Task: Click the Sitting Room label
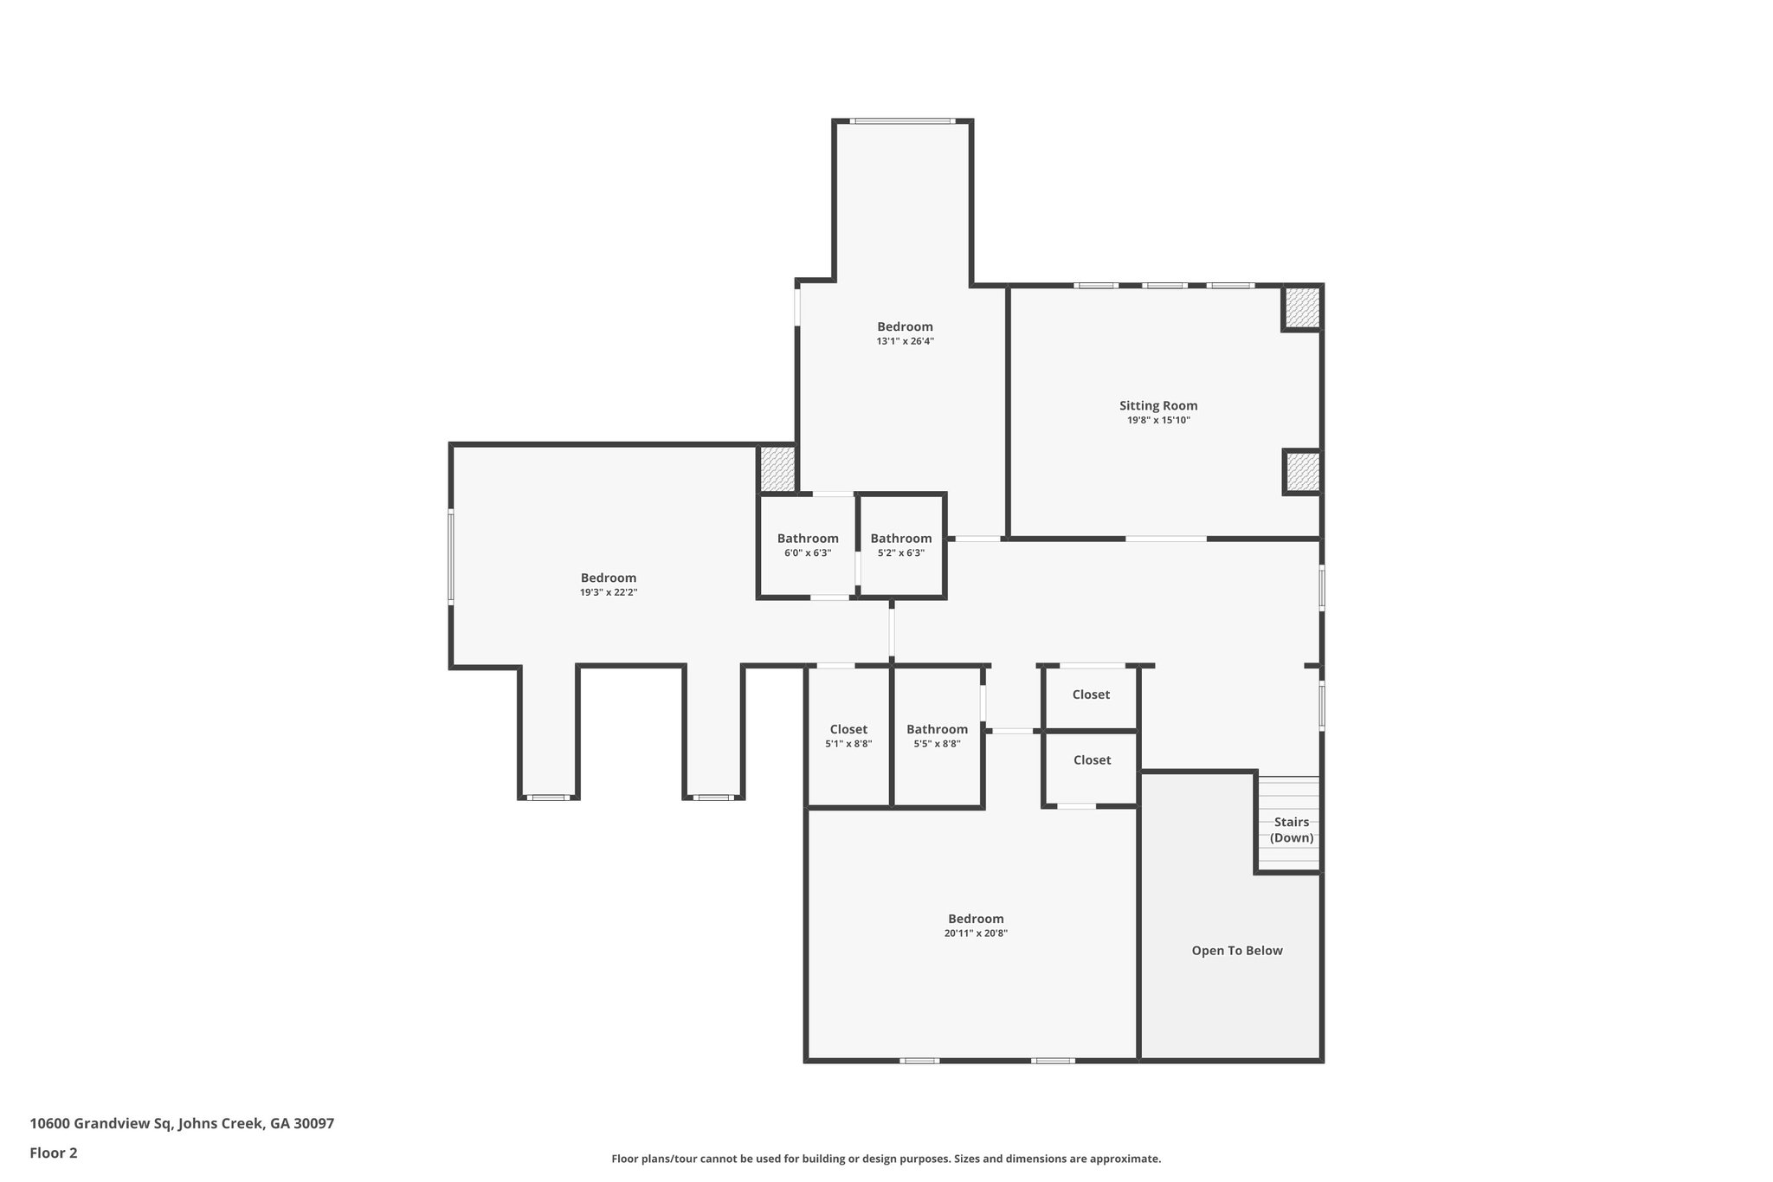[1158, 405]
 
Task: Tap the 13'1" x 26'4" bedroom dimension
[905, 341]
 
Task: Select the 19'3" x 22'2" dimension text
[609, 592]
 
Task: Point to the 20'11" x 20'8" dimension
[976, 933]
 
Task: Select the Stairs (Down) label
[1291, 830]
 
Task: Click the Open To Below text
[1237, 951]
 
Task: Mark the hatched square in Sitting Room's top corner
[1301, 308]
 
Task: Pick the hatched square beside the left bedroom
[777, 469]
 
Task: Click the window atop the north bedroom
[902, 121]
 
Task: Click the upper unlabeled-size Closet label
[1091, 694]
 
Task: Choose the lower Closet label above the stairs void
[1092, 760]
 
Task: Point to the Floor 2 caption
[54, 1153]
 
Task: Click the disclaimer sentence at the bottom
[886, 1159]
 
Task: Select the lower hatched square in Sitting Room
[1301, 473]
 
